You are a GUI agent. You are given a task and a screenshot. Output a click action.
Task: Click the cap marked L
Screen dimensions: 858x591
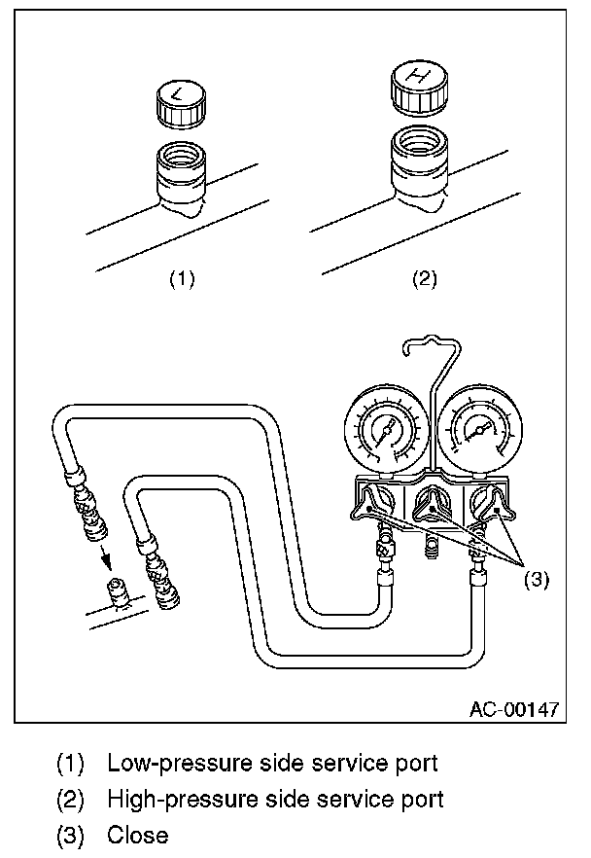tap(183, 103)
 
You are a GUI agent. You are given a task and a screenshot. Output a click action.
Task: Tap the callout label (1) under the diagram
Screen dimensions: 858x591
tap(182, 279)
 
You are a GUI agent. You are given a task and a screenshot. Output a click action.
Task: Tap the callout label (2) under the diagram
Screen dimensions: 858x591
tap(424, 279)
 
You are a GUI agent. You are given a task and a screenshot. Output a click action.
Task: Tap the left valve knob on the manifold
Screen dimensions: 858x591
tap(376, 505)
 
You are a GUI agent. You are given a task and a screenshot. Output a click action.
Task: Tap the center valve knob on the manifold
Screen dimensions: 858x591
tap(429, 504)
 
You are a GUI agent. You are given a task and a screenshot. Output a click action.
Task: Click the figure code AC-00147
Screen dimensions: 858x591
tap(513, 709)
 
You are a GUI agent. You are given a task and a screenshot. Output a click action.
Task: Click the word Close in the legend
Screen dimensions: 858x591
tap(137, 835)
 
